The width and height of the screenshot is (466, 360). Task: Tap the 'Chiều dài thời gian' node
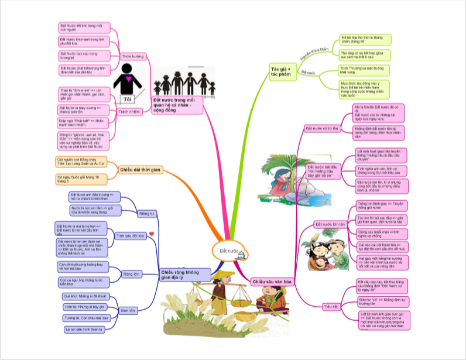[x=139, y=170]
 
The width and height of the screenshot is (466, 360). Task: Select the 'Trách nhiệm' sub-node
[x=131, y=111]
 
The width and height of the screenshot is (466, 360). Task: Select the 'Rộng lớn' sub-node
[x=131, y=273]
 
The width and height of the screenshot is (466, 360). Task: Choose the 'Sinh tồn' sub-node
[x=128, y=310]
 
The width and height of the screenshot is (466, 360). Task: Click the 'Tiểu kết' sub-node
[x=330, y=306]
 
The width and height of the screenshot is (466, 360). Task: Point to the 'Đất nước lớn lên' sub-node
[x=330, y=224]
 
